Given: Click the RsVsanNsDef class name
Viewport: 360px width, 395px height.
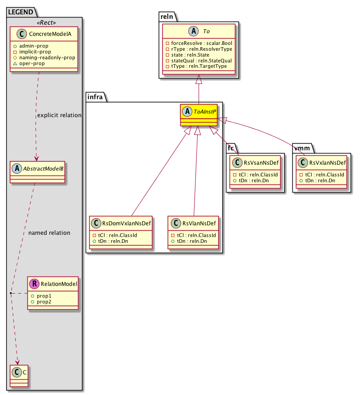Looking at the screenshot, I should coord(260,162).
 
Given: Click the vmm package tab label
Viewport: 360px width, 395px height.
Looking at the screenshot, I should coord(303,146).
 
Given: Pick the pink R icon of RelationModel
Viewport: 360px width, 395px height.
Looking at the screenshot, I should coord(33,283).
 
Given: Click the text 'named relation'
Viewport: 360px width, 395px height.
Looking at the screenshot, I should coord(49,233).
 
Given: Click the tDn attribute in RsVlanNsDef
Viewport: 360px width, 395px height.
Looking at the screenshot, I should coord(191,241).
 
